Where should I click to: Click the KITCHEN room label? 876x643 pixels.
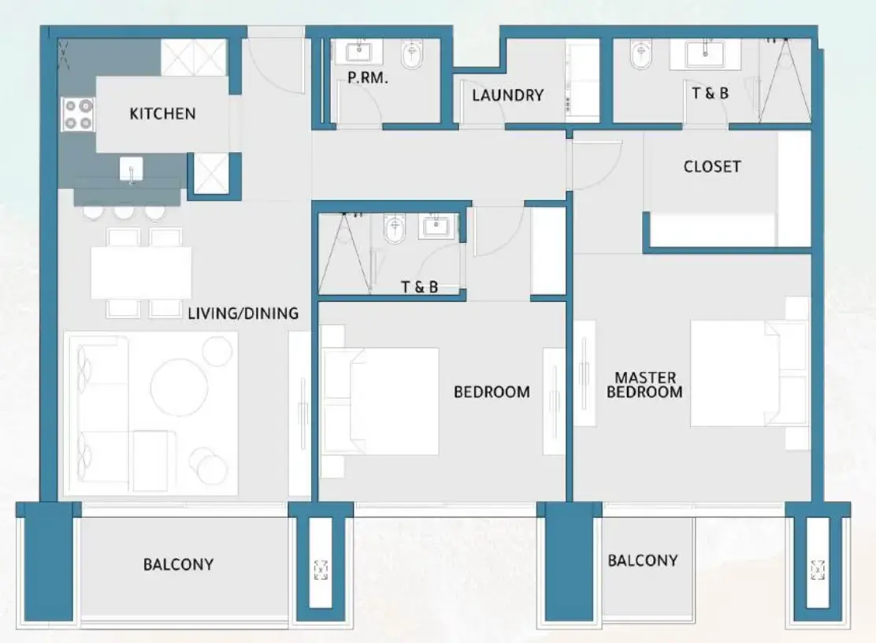[162, 113]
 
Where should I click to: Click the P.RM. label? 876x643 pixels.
[368, 79]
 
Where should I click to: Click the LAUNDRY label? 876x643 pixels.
[507, 95]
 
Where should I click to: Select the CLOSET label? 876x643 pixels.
[712, 166]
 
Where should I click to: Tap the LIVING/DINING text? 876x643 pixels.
[243, 314]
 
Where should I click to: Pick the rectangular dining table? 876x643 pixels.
[141, 273]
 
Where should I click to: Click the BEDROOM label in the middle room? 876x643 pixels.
[492, 392]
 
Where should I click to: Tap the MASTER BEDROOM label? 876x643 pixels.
[644, 385]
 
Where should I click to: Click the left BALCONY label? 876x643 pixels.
[178, 564]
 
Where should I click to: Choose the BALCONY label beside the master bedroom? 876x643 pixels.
[642, 560]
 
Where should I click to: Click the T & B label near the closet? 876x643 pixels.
[710, 93]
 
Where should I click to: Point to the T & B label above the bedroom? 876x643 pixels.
[419, 287]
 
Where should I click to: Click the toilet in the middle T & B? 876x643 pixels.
[393, 230]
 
